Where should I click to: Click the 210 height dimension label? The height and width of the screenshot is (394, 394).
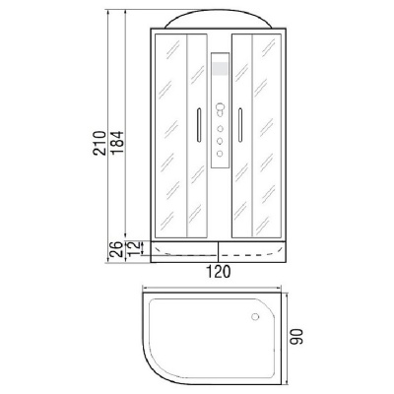[99, 143]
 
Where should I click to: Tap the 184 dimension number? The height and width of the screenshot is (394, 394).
[117, 143]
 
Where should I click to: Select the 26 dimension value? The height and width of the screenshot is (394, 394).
[115, 249]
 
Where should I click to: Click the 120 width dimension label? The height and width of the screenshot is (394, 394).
[219, 272]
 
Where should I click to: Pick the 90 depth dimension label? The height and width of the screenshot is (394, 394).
[296, 336]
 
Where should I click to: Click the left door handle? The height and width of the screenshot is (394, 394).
[199, 125]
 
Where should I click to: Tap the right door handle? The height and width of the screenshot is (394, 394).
[240, 125]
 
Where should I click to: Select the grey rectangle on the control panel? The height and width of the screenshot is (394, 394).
[220, 68]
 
